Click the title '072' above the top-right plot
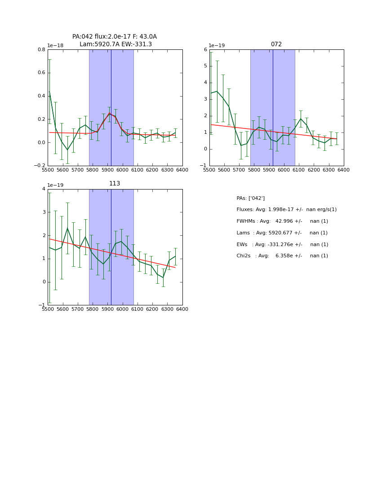pos(276,44)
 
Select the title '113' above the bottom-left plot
pos(115,184)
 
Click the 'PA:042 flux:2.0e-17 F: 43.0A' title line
pos(115,37)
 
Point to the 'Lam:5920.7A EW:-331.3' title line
pos(115,44)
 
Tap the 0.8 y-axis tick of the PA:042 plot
pos(41,49)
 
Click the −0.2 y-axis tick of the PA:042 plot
pos(40,166)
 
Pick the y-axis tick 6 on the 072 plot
pos(205,49)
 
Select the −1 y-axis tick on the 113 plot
pos(42,305)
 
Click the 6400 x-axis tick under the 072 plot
pos(343,170)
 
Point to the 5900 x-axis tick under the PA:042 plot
pos(107,170)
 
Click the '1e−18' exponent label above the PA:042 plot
pos(55,45)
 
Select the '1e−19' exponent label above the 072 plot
pos(217,45)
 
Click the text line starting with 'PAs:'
pos(250,198)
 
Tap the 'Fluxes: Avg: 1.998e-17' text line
pos(286,210)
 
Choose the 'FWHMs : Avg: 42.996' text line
pos(282,221)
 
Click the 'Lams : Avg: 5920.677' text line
pos(282,233)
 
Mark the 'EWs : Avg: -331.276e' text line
pos(282,245)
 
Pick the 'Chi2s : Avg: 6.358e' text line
pos(282,256)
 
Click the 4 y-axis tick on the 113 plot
pos(44,189)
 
